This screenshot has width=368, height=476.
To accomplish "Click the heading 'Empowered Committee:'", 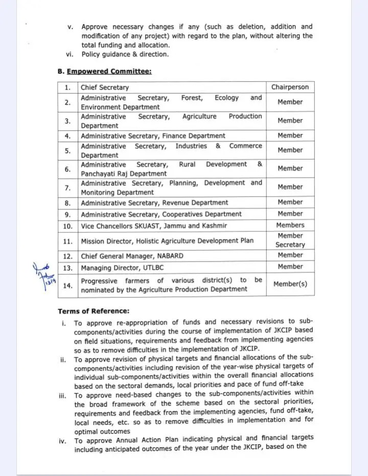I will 109,72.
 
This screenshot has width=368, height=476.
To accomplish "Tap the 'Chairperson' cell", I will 290,87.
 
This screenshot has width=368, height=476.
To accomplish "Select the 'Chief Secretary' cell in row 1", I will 105,87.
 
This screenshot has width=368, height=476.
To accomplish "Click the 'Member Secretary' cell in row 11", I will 290,240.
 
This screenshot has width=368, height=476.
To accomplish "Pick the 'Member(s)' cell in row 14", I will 290,284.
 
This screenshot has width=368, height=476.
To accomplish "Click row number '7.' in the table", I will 67,188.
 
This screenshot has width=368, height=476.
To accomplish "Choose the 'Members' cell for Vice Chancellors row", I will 290,225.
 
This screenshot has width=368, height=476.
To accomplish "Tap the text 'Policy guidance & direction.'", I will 125,55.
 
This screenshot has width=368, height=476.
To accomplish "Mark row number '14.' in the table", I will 67,285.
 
